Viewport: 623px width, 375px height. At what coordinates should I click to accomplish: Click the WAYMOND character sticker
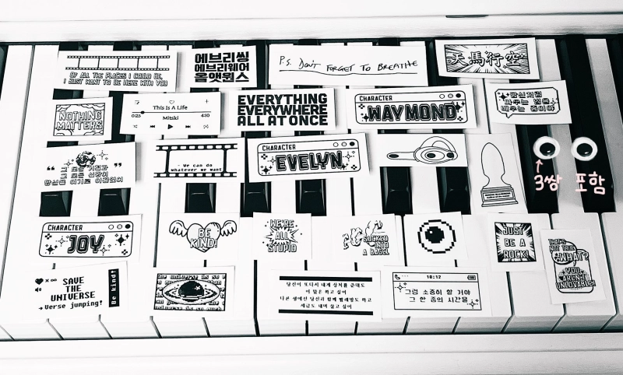coord(411,107)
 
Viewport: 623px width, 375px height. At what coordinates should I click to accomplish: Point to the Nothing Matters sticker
coord(80,118)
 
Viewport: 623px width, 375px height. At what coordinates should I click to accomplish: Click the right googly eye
coord(584,148)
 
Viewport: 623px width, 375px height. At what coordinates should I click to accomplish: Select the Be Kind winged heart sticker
coord(201,234)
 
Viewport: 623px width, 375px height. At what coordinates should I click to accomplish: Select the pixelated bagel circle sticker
coord(432,235)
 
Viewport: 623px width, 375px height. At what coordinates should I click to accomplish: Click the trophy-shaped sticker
coord(496,172)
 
